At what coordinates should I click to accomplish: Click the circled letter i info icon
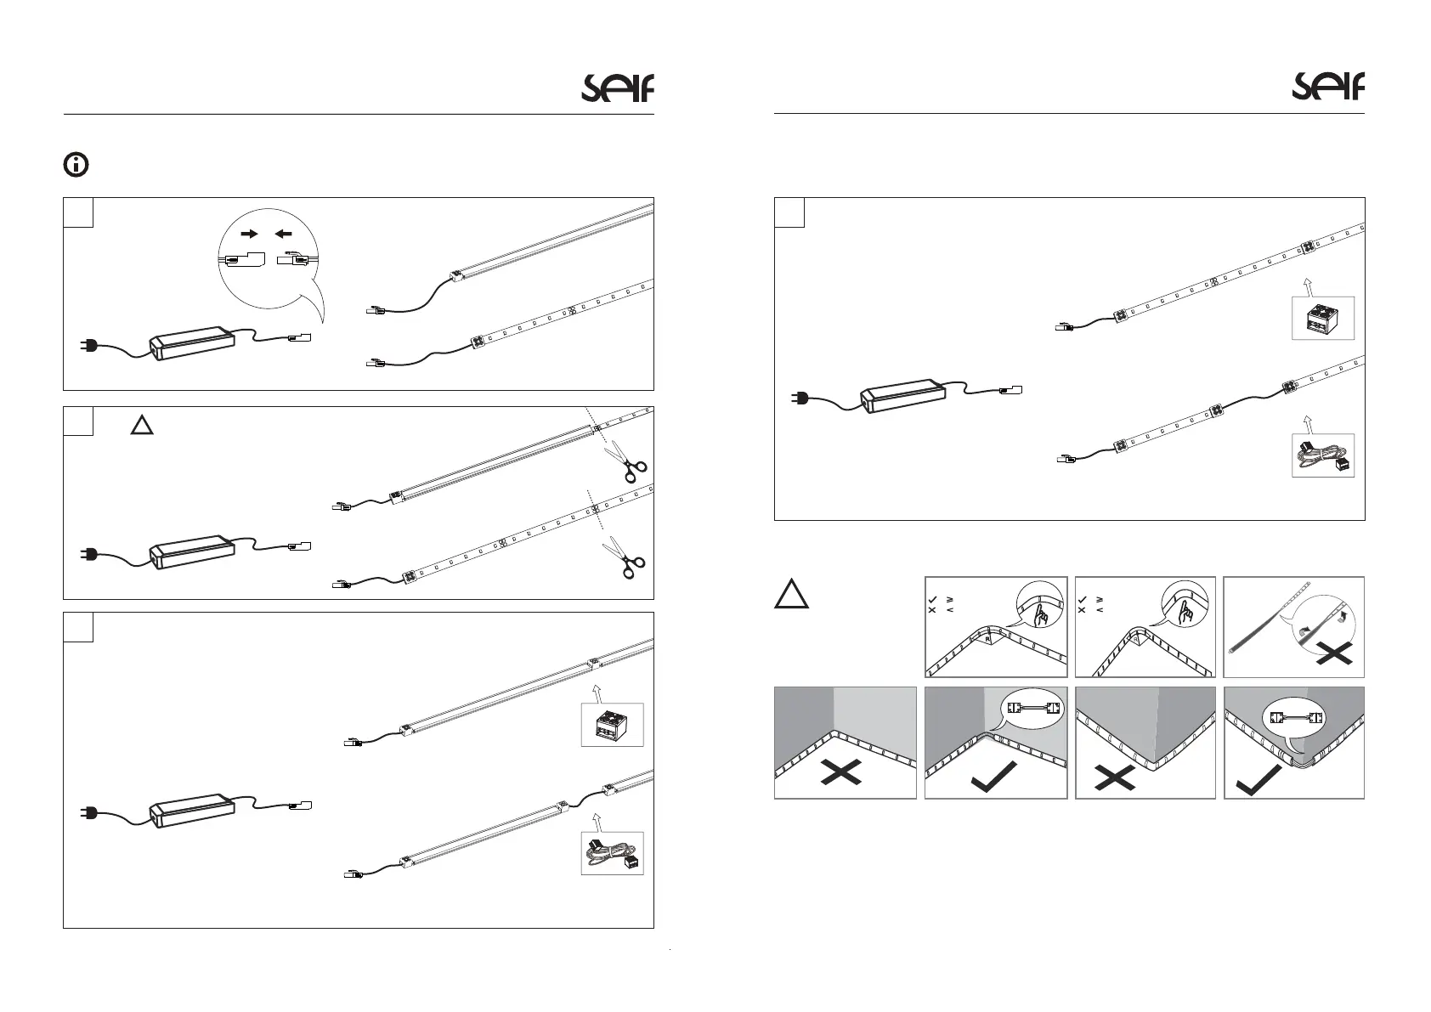(76, 165)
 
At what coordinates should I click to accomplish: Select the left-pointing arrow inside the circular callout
(284, 232)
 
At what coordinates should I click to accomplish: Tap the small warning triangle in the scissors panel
(142, 426)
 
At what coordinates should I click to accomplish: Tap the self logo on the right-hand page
(1328, 86)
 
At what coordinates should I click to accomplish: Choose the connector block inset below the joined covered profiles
(612, 725)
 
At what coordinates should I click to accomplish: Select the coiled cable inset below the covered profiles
(612, 853)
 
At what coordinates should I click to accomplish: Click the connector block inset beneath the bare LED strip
(1323, 318)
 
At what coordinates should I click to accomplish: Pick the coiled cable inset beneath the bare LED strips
(1323, 455)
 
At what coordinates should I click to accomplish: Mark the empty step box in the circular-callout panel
(78, 212)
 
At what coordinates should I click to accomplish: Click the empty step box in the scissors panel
(78, 421)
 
